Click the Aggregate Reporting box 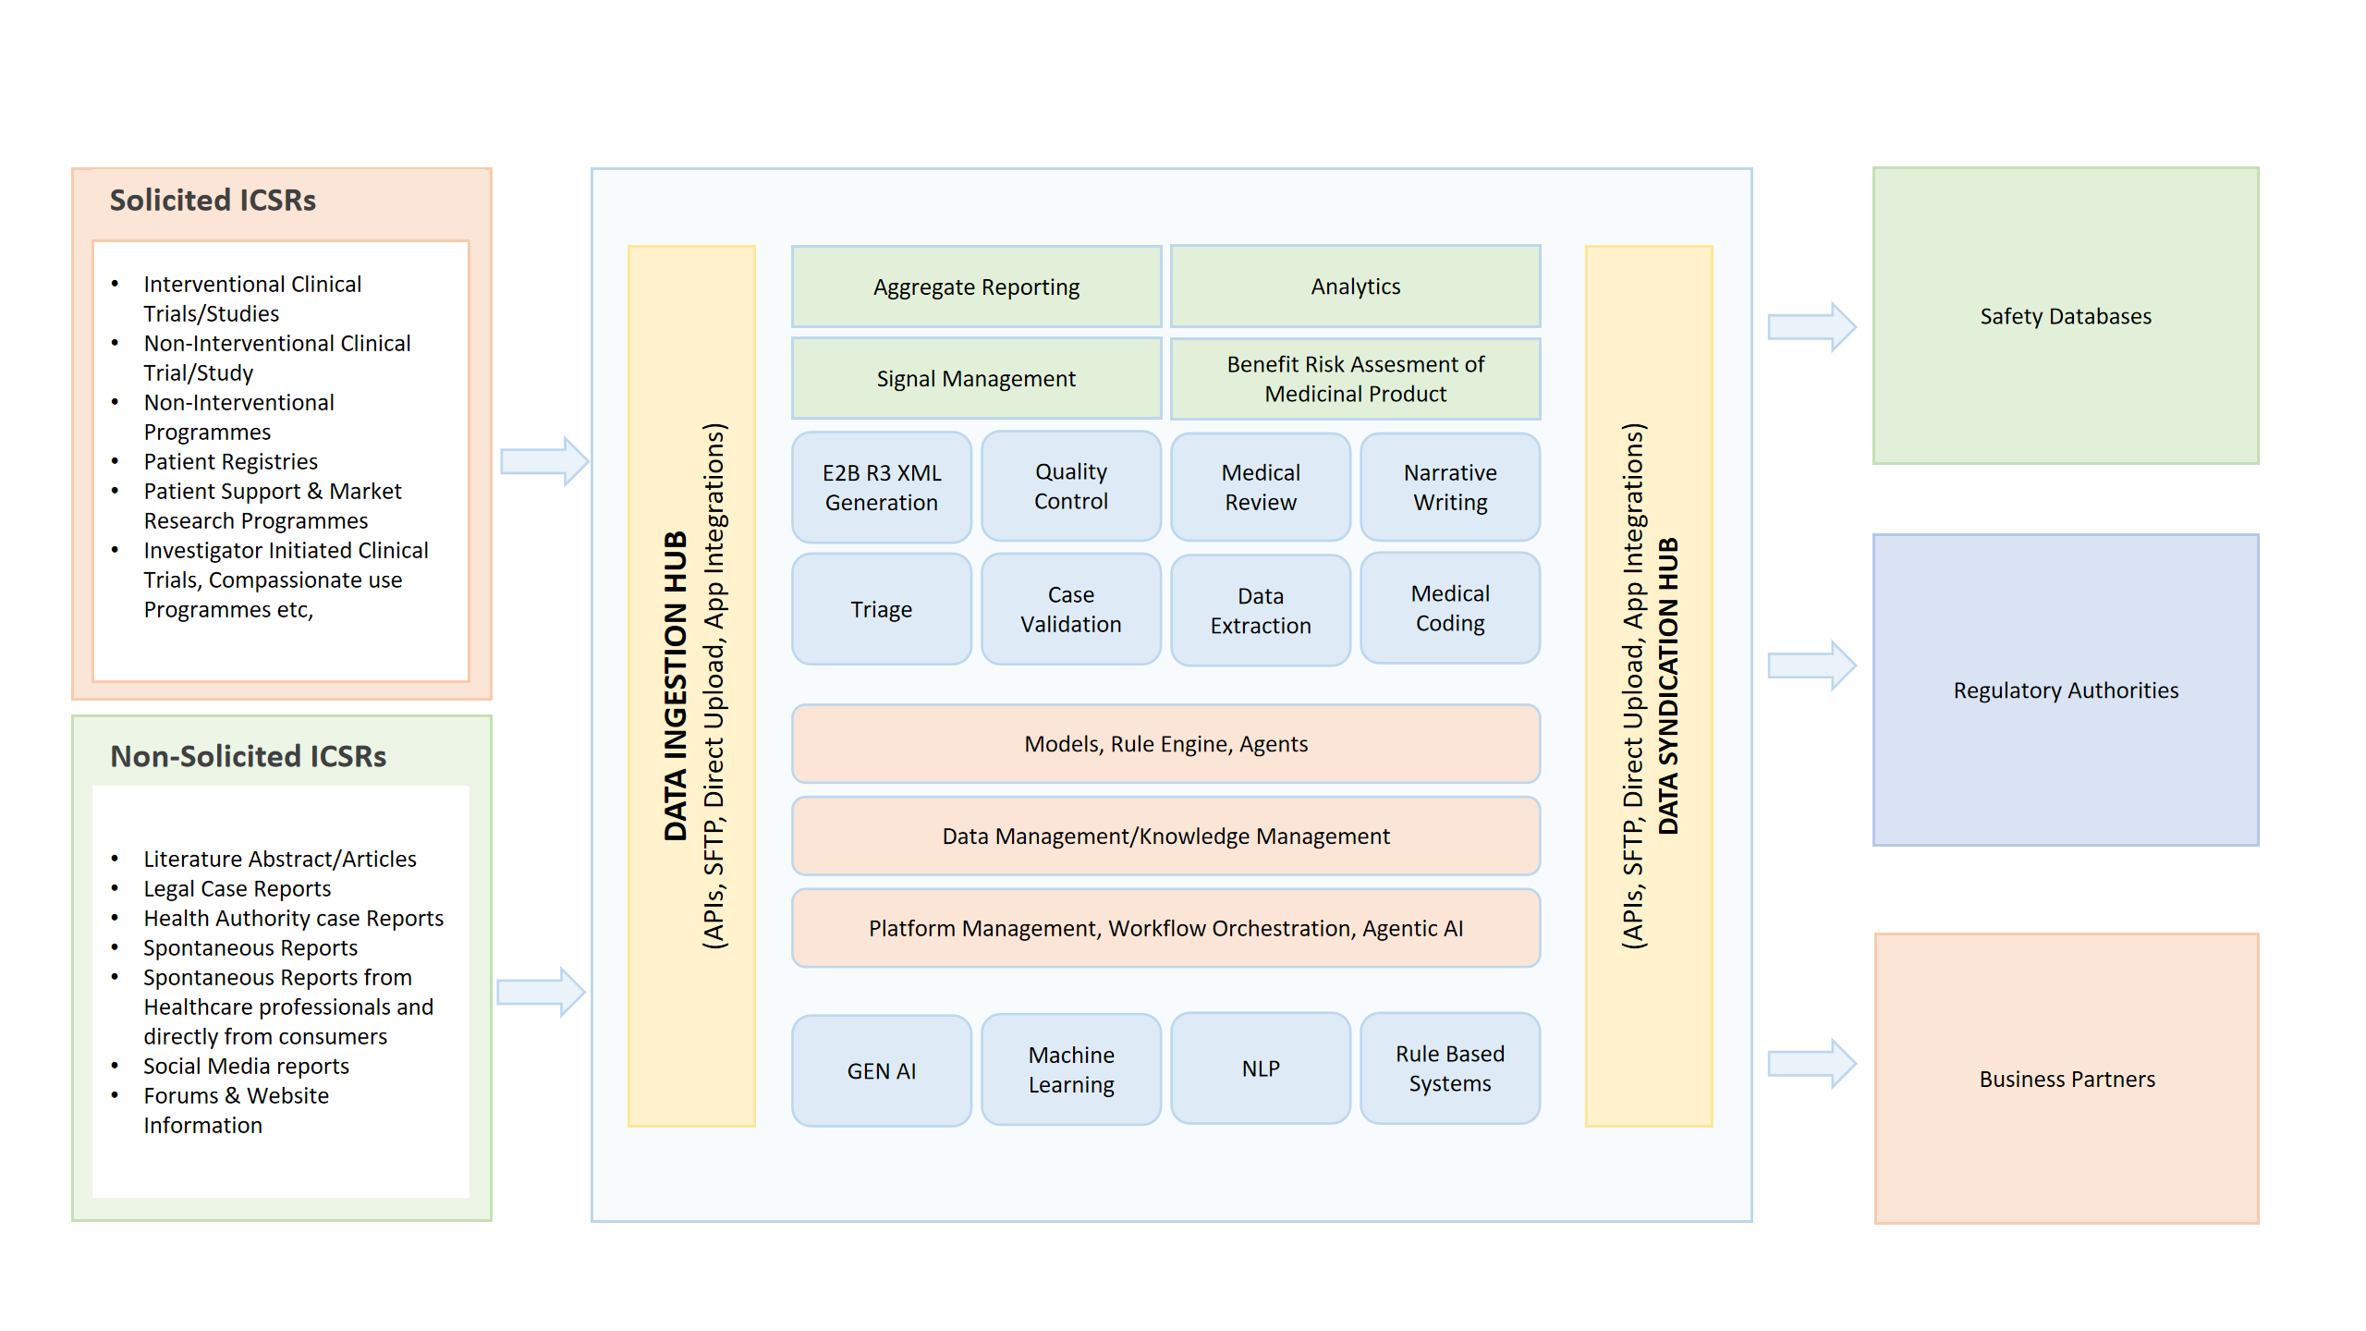[x=976, y=287]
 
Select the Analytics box [x=1355, y=287]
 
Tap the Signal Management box [x=976, y=379]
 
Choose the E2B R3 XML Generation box [x=882, y=488]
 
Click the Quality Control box [x=1070, y=487]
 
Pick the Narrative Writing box [x=1449, y=488]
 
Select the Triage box [x=882, y=610]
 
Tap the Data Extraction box [x=1260, y=611]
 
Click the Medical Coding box [x=1449, y=609]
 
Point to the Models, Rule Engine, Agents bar [x=1165, y=744]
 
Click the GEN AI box [x=882, y=1071]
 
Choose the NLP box [x=1260, y=1069]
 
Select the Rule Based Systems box [x=1449, y=1069]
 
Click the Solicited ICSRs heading [x=213, y=201]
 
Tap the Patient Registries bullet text [x=230, y=462]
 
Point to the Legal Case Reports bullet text [x=237, y=889]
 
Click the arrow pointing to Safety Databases [x=1811, y=327]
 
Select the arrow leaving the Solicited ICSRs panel [x=543, y=461]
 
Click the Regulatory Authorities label [x=2065, y=691]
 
